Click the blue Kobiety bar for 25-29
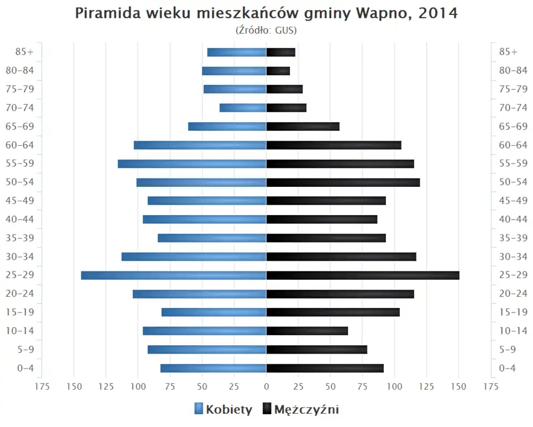173,275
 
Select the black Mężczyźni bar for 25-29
363,275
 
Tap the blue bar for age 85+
237,52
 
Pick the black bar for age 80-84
278,71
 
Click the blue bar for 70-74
243,108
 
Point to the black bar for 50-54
343,182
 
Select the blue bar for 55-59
192,163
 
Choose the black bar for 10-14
307,331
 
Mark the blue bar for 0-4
213,368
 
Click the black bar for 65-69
303,126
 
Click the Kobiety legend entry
223,410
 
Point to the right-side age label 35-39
513,238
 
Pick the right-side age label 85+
508,52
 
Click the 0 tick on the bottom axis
266,386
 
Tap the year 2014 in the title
438,13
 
